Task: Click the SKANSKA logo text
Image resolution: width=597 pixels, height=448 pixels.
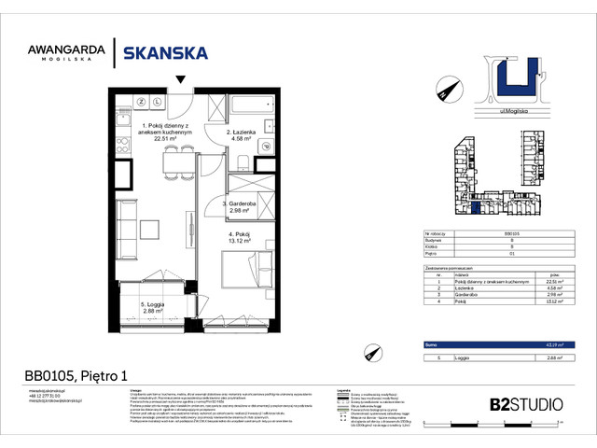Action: (x=166, y=53)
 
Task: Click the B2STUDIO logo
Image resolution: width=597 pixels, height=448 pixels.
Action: (x=525, y=404)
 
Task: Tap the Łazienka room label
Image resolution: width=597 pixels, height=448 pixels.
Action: (x=245, y=134)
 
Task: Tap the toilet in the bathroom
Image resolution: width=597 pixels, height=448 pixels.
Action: (x=265, y=147)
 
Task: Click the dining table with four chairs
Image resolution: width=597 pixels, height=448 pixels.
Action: (x=171, y=166)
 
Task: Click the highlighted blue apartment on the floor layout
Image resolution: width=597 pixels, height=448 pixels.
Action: (x=479, y=210)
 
